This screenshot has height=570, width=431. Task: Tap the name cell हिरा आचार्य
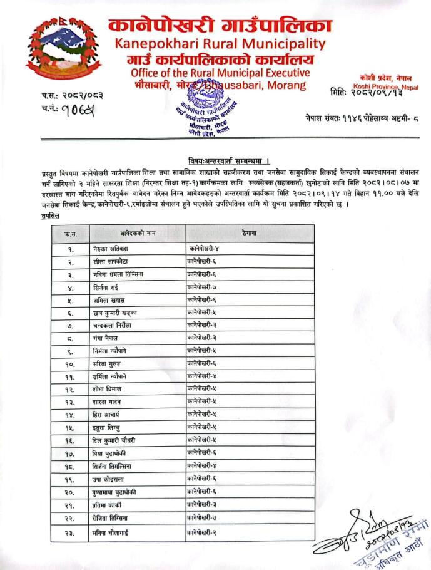(x=109, y=415)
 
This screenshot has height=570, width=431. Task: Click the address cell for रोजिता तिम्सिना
(x=202, y=519)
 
